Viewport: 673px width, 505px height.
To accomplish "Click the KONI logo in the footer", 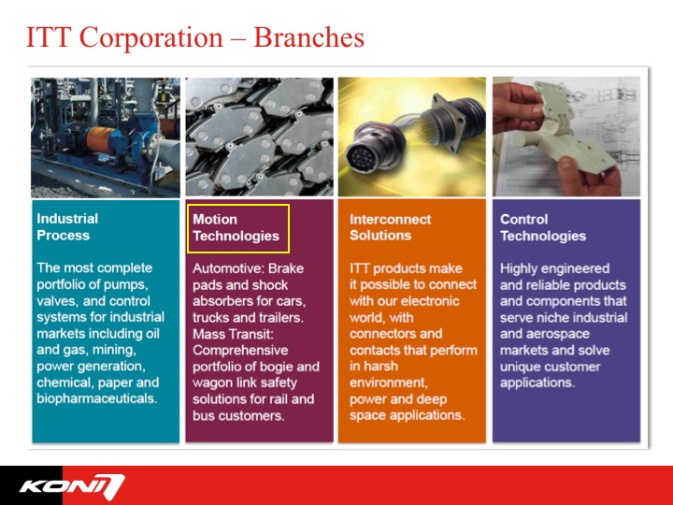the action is [72, 486].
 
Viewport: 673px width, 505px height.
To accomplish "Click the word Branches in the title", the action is [309, 37].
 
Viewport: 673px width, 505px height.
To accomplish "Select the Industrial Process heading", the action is [67, 226].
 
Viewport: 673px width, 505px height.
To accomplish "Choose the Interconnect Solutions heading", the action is [390, 227].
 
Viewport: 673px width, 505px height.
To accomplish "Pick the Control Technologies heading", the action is [543, 227].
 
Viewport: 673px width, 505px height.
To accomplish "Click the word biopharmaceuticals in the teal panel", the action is [96, 398].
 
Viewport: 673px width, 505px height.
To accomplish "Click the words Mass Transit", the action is [233, 334].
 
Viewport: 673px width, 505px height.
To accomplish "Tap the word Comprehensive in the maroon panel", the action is [240, 350].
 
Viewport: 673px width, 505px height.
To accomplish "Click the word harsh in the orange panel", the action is [380, 366].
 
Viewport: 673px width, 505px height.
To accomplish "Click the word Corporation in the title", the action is [151, 37].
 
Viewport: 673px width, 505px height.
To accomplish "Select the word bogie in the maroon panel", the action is [285, 367].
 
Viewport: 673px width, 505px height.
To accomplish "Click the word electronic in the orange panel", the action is [430, 301].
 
